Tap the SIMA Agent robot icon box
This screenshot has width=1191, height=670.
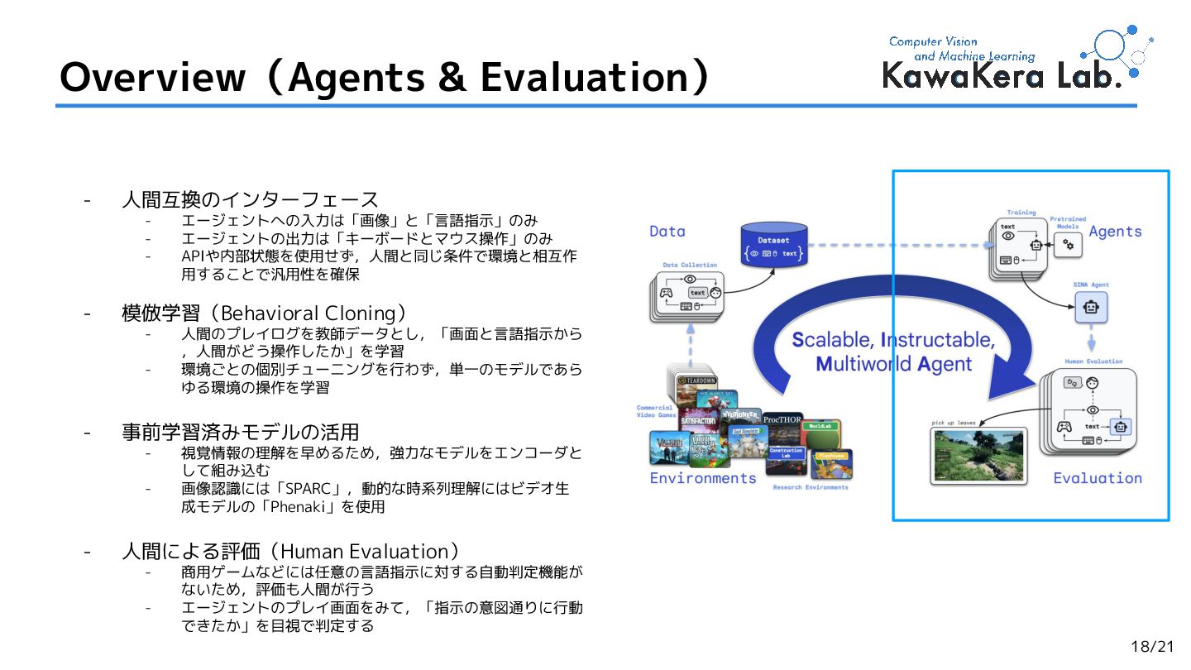tap(1091, 308)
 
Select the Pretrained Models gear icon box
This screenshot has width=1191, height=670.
tap(1068, 244)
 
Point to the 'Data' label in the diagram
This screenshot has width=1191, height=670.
tap(667, 232)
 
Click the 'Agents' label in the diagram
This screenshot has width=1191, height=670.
tap(1115, 232)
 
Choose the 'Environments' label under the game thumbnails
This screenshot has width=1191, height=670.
tap(703, 478)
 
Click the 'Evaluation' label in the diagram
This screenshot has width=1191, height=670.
tap(1097, 478)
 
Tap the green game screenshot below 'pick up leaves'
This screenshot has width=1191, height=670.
tap(979, 455)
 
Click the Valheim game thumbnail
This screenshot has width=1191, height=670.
tap(667, 448)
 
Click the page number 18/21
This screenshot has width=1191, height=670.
tap(1152, 647)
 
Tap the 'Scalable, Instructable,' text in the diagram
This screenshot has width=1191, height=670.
tap(893, 340)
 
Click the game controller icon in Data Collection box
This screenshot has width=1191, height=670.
tap(665, 292)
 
